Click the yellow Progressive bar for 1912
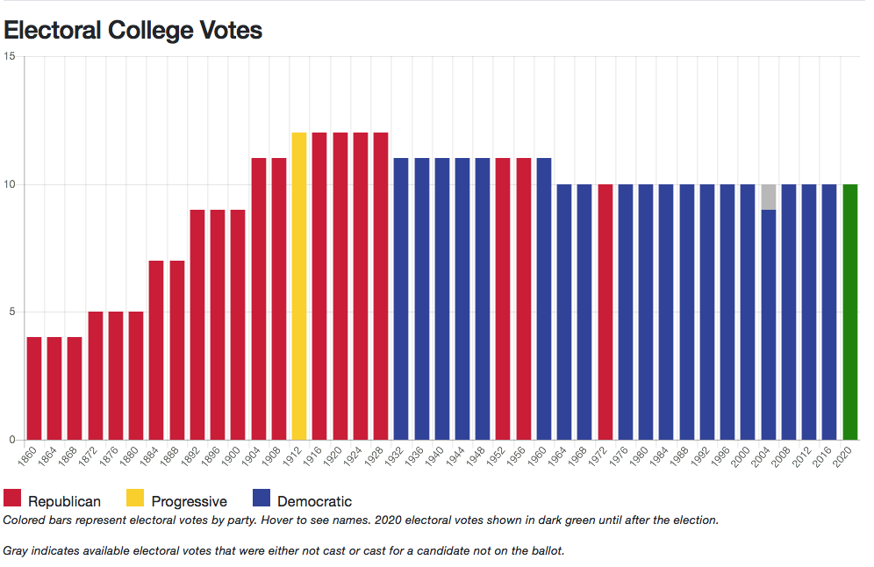coord(298,286)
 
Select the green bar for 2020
coord(849,312)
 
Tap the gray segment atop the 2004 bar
coord(768,197)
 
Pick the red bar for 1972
coord(605,312)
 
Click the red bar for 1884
coord(156,350)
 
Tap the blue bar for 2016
coord(829,312)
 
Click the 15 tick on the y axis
coord(10,56)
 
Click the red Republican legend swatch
coord(12,500)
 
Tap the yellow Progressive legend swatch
coord(135,500)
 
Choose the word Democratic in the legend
coord(314,502)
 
